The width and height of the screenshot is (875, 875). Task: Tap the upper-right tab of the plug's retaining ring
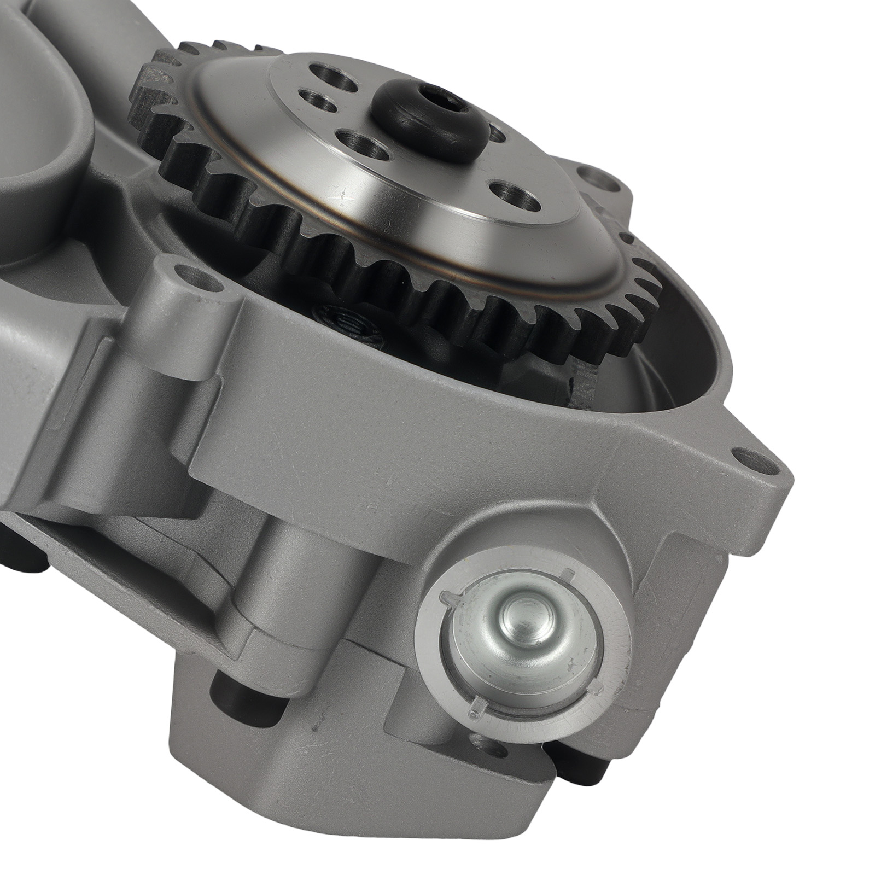click(569, 574)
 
